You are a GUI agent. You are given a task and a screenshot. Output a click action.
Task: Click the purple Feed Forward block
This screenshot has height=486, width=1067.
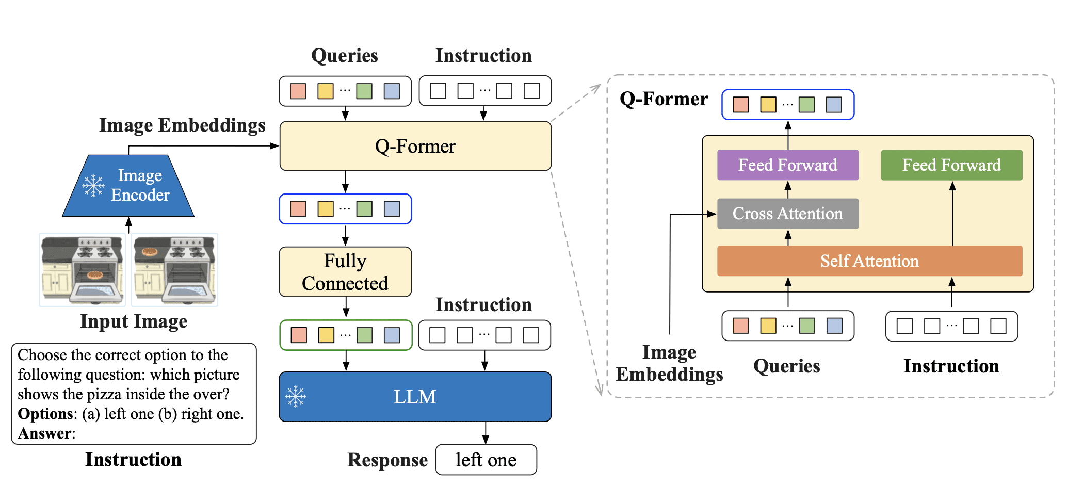point(787,165)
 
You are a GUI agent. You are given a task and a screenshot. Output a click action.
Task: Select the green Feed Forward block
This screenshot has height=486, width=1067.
point(951,165)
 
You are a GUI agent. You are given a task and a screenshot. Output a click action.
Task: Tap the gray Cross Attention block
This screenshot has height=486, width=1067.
point(787,214)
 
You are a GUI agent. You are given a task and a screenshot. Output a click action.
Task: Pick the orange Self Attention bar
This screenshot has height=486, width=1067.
point(869,261)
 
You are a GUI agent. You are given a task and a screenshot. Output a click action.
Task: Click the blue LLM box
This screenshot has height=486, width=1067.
point(415,397)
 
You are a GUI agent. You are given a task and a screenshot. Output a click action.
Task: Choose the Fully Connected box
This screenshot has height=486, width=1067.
point(345,272)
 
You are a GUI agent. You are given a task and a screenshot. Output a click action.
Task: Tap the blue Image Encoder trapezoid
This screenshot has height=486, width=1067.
point(128,186)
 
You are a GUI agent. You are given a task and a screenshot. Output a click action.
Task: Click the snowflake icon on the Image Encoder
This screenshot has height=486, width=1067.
point(93,186)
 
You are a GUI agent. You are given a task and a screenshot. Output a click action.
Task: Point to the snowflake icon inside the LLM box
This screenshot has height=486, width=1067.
point(296,396)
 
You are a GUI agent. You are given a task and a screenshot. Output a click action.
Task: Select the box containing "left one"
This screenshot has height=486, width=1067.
point(486,460)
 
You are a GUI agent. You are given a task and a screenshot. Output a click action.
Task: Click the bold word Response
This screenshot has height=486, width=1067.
point(387,460)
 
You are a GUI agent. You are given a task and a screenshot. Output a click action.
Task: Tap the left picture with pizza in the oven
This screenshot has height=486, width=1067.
point(82,269)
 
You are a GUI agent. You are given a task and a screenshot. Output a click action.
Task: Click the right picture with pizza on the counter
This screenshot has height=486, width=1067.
point(174,269)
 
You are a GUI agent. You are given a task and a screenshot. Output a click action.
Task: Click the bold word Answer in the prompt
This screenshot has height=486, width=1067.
point(44,434)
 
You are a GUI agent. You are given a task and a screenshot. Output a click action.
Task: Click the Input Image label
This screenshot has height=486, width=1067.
point(134,321)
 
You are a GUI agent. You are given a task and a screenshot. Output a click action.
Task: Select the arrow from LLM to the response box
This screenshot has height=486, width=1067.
point(486,433)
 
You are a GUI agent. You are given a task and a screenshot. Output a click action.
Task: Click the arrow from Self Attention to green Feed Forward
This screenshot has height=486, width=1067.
point(952,214)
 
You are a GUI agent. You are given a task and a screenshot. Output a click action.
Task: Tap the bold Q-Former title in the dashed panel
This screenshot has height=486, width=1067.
point(664,99)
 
